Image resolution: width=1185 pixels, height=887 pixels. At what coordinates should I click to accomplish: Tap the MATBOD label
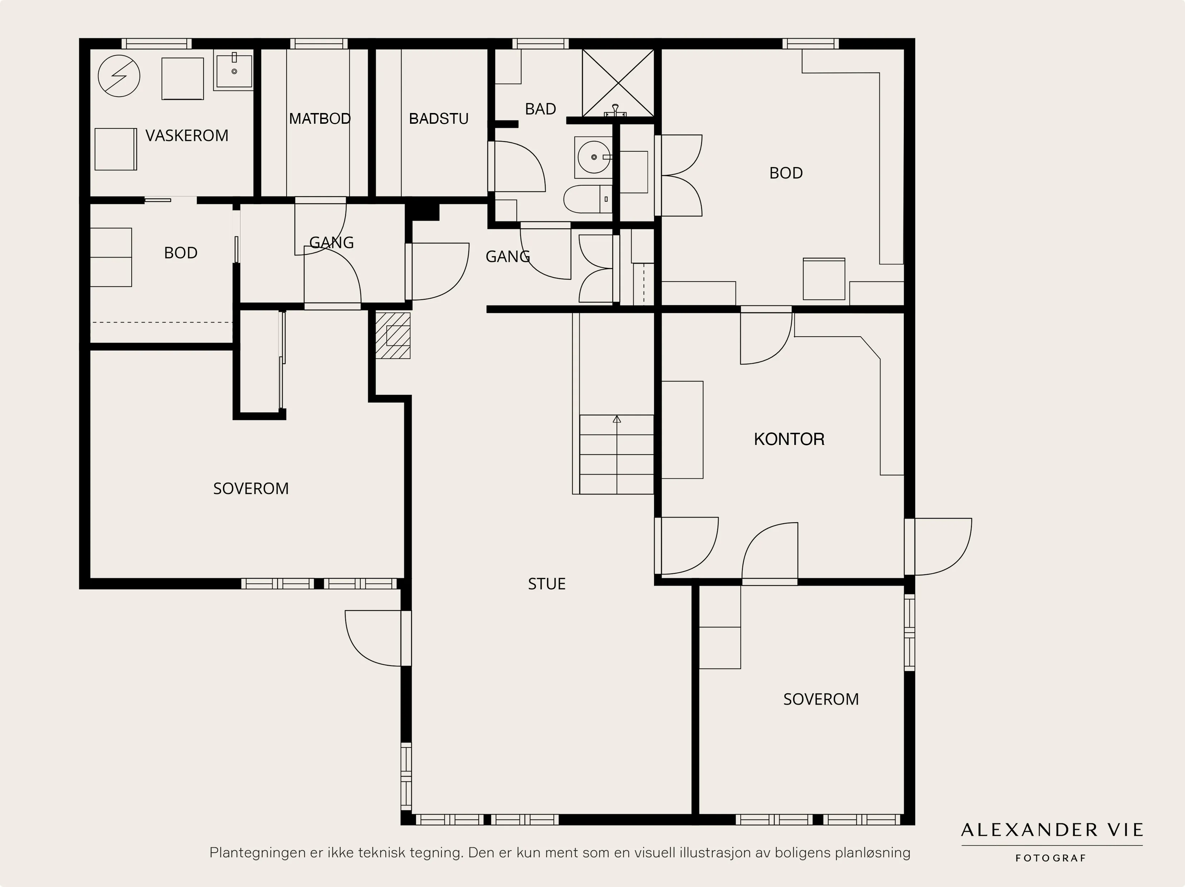tap(320, 118)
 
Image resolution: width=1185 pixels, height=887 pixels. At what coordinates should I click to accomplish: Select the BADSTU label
tap(438, 118)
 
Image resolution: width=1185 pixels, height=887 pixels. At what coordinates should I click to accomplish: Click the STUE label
tap(546, 584)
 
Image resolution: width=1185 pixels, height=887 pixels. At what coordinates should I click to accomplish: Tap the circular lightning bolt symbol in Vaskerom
tap(119, 76)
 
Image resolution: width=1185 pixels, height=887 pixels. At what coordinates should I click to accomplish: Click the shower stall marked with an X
tap(618, 83)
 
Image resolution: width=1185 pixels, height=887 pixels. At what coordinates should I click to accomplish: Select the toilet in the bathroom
tap(587, 199)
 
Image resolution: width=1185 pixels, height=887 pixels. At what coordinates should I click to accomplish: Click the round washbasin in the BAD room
tap(594, 157)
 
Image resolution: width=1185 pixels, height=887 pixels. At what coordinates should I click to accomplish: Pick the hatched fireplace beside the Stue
tap(393, 335)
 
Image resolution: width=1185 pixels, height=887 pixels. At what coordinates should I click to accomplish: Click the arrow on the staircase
tap(616, 420)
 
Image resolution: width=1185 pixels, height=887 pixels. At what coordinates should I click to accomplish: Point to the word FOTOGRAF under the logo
tap(1050, 858)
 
